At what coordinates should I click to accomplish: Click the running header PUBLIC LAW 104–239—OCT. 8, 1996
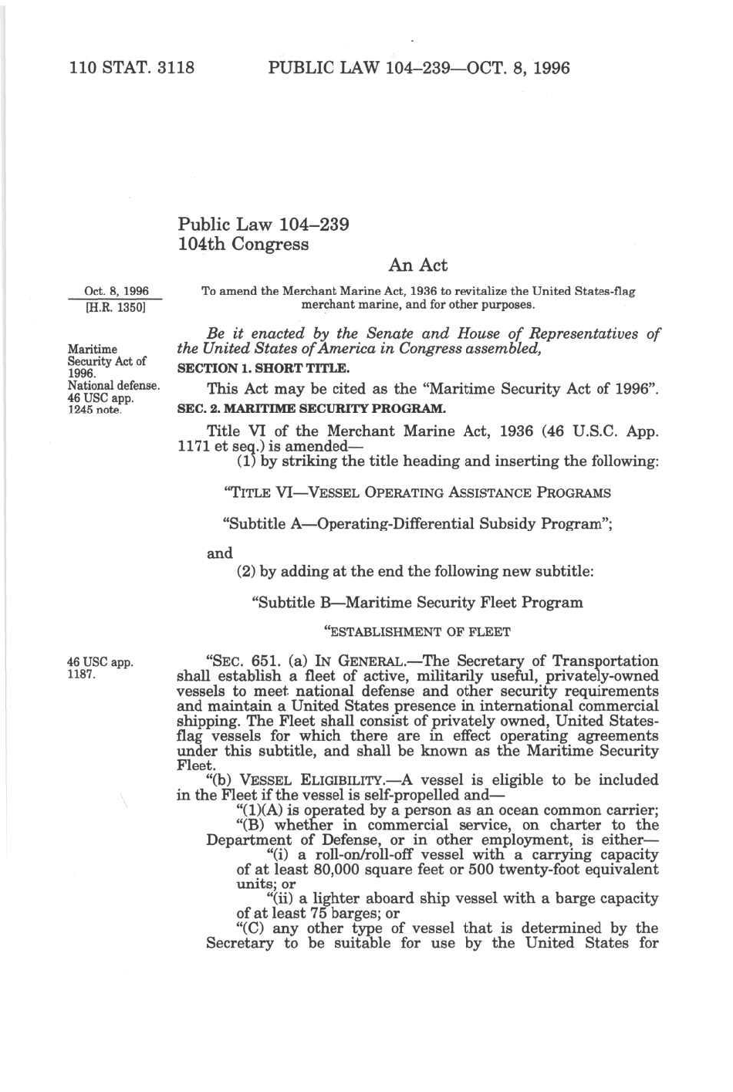[418, 68]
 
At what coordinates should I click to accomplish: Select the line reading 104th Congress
[243, 245]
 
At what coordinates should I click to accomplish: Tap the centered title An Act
[418, 265]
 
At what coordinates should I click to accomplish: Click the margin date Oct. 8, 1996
[117, 292]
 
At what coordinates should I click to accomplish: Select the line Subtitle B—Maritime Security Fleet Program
[417, 603]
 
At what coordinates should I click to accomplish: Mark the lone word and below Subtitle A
[220, 553]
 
